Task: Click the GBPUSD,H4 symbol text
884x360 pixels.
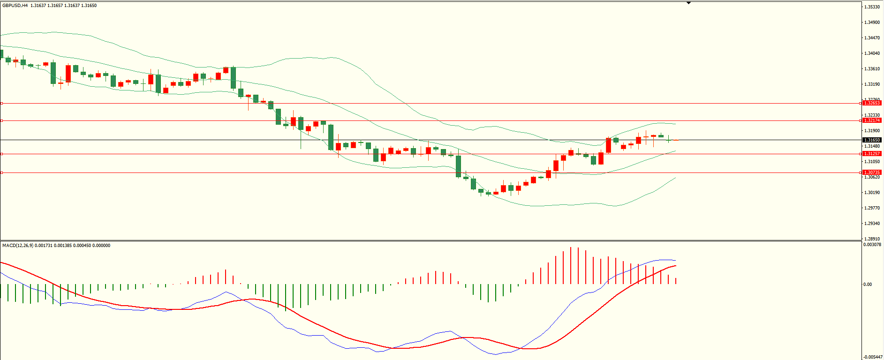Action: pos(15,6)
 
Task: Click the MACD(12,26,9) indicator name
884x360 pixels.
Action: pos(17,245)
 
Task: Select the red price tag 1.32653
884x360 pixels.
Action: pos(872,103)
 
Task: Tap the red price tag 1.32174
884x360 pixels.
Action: pos(872,120)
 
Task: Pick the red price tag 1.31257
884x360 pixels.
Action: pos(872,154)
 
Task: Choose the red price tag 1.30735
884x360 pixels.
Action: pos(872,172)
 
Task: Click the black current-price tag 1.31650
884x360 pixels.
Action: pos(872,140)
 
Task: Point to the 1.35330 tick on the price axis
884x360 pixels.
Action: pos(872,7)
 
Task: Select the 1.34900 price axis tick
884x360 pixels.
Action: pos(872,22)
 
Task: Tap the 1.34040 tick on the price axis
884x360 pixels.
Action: pos(872,53)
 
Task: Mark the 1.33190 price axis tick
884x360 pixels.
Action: pos(872,84)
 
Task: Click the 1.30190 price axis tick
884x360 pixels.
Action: pos(872,193)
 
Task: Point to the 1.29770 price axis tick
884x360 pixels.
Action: pos(872,208)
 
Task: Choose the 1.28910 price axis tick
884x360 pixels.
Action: pos(872,239)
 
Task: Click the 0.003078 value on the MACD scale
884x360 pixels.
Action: pos(872,245)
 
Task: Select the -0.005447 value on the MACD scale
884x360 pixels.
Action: pos(872,357)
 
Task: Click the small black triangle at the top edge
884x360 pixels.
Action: pos(688,3)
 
